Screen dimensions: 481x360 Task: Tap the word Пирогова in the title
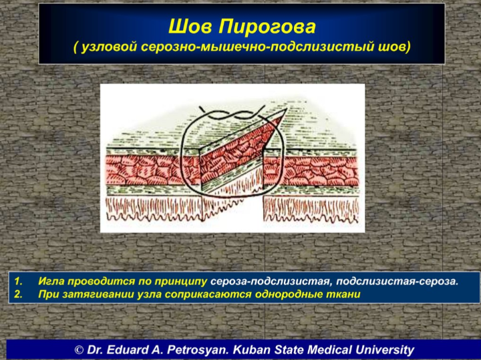[267, 27]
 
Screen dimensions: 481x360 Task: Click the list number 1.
[19, 281]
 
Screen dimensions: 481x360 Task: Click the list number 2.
[19, 295]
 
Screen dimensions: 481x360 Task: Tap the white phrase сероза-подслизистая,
[271, 281]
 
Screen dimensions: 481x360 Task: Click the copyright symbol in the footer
[79, 350]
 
